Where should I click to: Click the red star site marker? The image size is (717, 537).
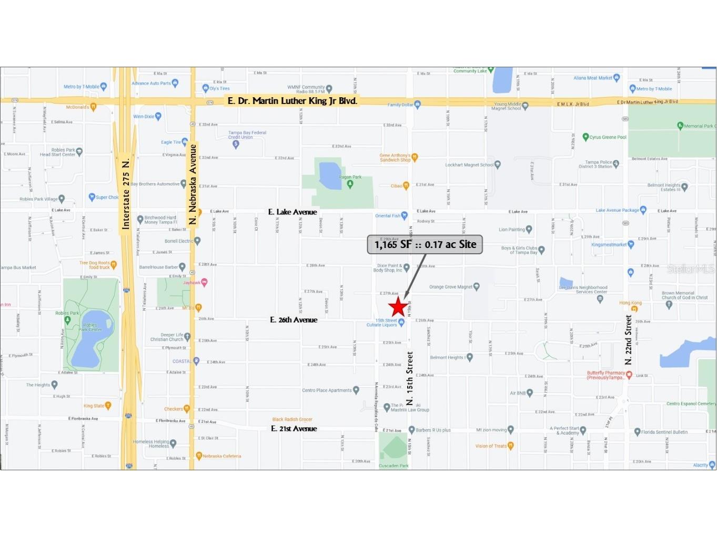(x=398, y=307)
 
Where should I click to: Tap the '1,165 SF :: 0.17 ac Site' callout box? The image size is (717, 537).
(x=425, y=244)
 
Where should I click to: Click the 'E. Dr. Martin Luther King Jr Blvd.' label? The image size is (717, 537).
(x=292, y=100)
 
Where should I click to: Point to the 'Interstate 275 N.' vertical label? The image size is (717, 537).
(x=125, y=193)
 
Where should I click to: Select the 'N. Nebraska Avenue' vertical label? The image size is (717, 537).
(x=193, y=184)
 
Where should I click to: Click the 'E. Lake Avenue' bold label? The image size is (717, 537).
(x=292, y=212)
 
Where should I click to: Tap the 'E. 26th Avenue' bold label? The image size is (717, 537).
(x=294, y=319)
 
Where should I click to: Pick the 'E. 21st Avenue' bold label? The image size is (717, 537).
(x=294, y=429)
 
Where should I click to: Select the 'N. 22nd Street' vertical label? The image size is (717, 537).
(x=628, y=340)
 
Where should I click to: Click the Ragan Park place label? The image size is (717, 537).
(x=350, y=178)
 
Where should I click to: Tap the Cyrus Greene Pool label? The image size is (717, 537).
(x=608, y=137)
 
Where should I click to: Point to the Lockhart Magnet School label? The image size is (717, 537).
(x=469, y=165)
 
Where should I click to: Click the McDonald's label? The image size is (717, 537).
(x=78, y=107)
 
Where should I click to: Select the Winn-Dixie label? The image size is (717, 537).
(x=144, y=117)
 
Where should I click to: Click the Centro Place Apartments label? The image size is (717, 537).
(x=327, y=390)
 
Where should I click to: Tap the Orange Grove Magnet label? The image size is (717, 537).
(x=451, y=287)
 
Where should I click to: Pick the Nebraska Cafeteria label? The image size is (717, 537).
(x=221, y=456)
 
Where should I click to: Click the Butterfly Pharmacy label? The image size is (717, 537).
(x=606, y=375)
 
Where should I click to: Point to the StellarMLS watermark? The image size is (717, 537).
(x=691, y=269)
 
